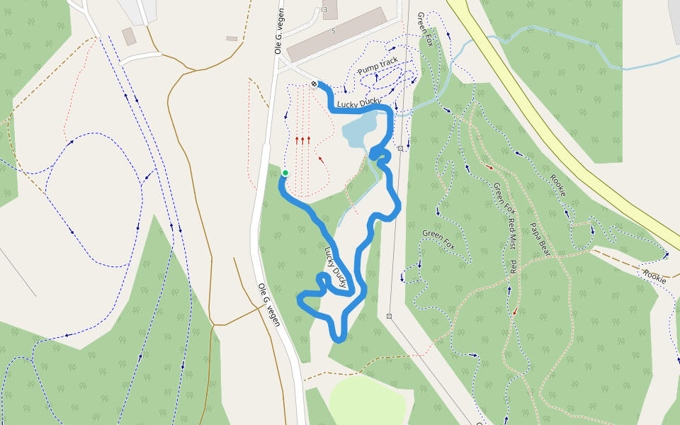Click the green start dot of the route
tap(285, 173)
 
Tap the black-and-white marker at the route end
tap(314, 84)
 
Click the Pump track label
tap(378, 67)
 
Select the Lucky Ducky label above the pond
tap(359, 103)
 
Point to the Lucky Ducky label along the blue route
tap(338, 266)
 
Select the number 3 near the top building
tap(324, 9)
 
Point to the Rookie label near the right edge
tap(654, 276)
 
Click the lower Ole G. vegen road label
tap(269, 305)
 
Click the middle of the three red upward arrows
tap(302, 140)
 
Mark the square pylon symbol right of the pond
tap(401, 148)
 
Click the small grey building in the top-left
tap(129, 36)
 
